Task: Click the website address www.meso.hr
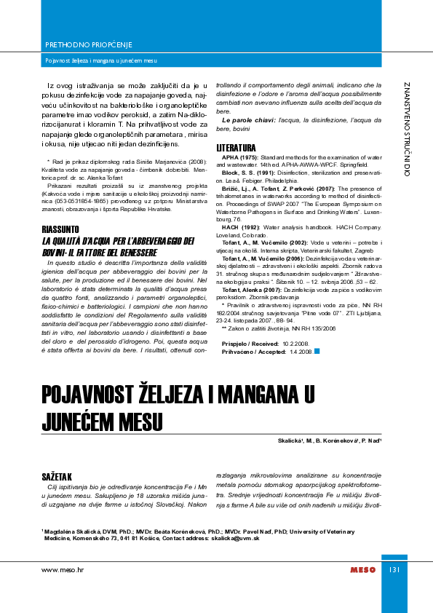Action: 63,569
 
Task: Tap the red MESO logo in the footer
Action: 362,569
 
